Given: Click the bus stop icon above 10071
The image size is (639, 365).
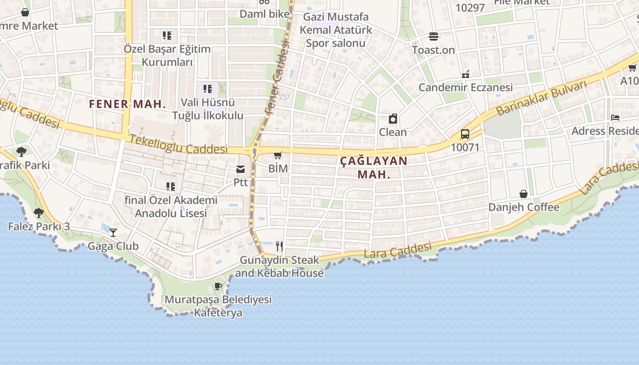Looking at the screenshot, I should coord(465,134).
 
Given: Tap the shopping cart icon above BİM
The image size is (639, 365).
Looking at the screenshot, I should coord(278,156).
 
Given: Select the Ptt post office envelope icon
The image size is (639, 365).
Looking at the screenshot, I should coord(241,170).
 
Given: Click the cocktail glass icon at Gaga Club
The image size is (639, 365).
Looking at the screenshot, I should coord(113,233).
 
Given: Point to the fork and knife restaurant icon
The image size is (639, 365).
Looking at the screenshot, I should coord(279,246).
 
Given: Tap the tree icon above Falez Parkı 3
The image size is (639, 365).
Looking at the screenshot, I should coord(39,213).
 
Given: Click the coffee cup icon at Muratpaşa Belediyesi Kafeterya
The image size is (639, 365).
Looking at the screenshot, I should coord(218,287).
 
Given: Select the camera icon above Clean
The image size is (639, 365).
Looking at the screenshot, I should coord(393,119).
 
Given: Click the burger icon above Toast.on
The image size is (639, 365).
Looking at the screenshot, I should coord(433,36).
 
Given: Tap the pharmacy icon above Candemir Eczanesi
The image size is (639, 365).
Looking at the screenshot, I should coord(466,74).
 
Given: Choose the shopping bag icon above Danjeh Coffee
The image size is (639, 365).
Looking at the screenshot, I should coord(524,194).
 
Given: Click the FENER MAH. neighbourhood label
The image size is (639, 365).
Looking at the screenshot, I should coord(127,104).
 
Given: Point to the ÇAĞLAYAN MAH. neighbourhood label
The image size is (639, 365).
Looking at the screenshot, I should coord(374,167).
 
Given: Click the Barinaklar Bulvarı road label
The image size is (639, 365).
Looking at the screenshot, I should coord(541,98).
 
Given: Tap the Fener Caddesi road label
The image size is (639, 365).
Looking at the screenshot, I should coord(277,78).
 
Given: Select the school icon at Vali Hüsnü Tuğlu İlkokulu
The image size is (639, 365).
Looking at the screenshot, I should coord(208,89).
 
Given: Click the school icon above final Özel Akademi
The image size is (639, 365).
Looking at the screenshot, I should coord(171,187).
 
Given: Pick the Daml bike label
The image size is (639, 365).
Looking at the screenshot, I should coord(265,14).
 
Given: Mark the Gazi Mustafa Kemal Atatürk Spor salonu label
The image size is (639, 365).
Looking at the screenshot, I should coord(335,30).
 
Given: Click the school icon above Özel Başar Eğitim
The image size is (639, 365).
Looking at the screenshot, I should coord(167,35).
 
